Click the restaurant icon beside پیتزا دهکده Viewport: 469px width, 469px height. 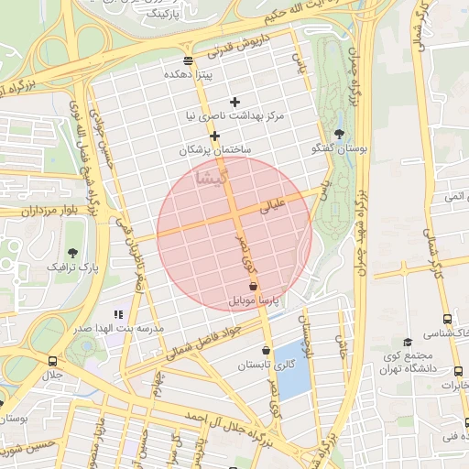tap(188, 60)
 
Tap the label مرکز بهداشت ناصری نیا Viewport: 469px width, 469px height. tap(236, 117)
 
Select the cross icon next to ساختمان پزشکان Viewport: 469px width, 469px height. tap(214, 136)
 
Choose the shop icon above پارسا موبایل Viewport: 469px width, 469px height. tap(253, 287)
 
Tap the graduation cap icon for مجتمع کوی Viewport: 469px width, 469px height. tap(408, 342)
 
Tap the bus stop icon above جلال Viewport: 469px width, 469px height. tap(52, 361)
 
